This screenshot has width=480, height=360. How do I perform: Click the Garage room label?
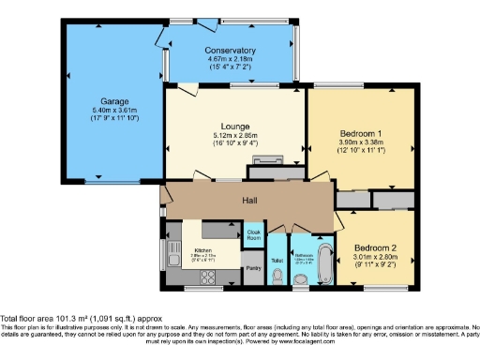point(115,100)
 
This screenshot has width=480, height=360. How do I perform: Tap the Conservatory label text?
point(232,51)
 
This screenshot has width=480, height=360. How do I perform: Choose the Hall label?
point(250,201)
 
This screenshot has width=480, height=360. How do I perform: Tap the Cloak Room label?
point(253,234)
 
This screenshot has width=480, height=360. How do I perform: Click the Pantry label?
point(252,268)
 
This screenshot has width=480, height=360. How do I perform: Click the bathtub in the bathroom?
point(322,262)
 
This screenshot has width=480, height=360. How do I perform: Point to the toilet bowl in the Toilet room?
point(277,276)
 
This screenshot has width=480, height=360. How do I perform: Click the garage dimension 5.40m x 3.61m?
point(115,110)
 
